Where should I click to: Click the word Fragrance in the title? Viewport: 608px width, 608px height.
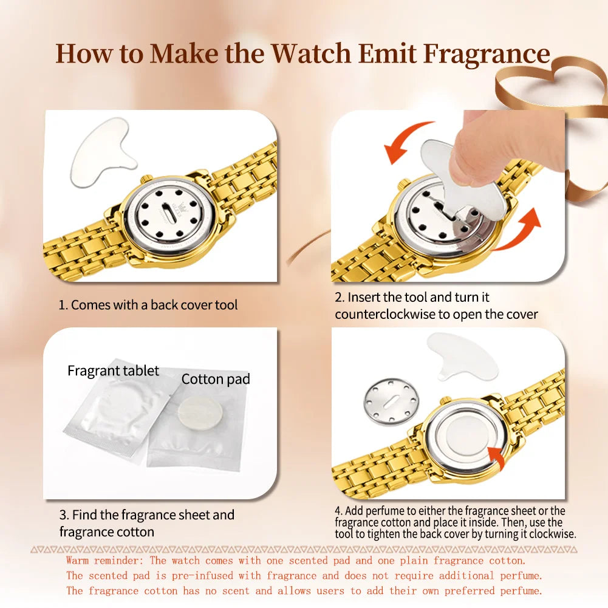click(x=487, y=53)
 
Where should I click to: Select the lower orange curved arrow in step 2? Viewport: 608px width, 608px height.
click(x=519, y=231)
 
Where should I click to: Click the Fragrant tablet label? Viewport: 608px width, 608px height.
click(x=113, y=371)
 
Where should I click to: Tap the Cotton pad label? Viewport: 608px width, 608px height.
click(x=216, y=379)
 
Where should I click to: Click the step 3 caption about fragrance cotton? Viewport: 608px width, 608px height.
click(x=146, y=523)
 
